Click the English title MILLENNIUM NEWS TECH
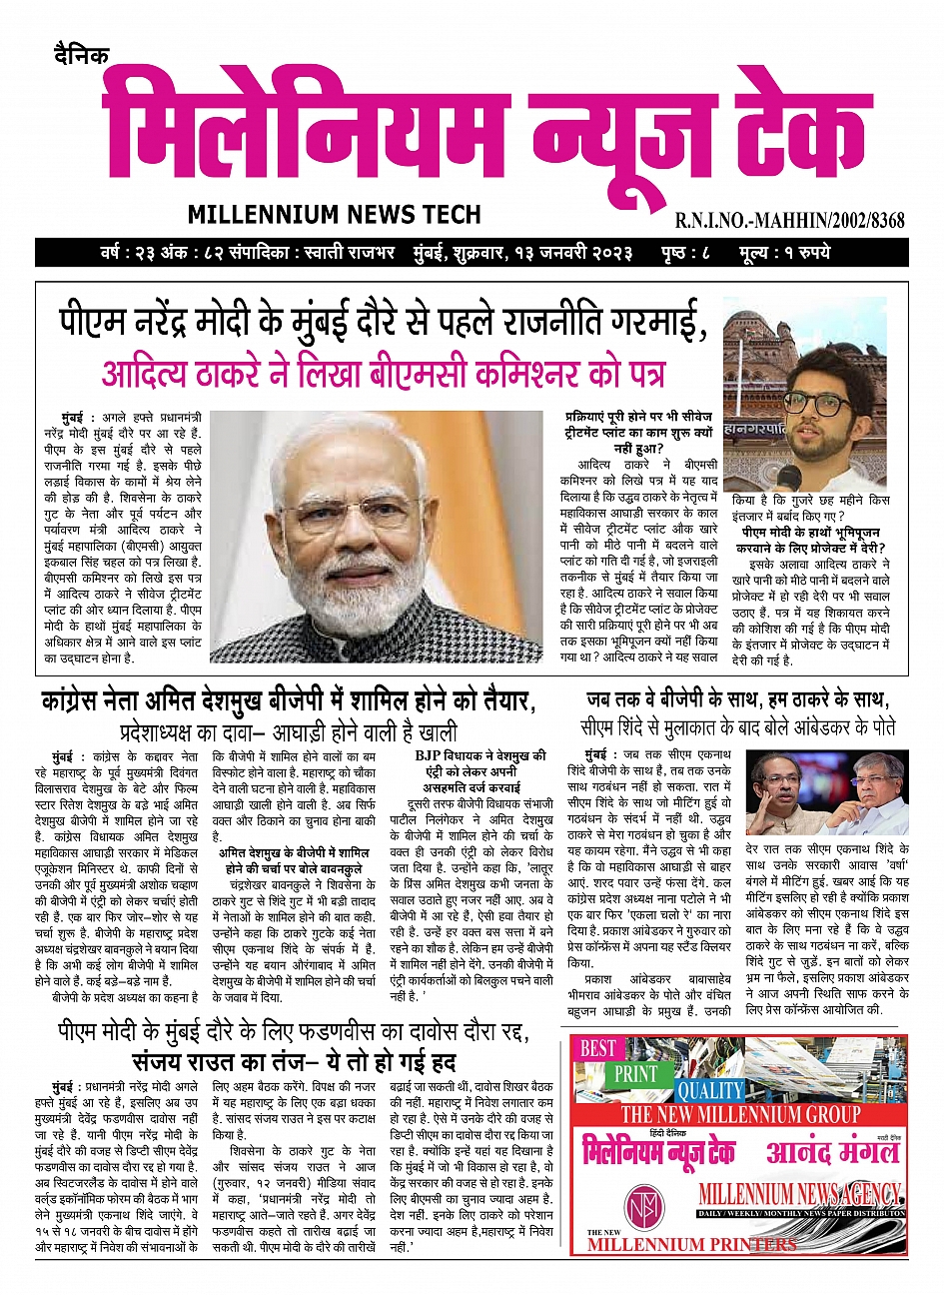[334, 214]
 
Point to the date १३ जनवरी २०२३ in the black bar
[573, 252]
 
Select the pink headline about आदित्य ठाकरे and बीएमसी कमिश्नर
[383, 372]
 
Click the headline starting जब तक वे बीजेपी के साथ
[737, 698]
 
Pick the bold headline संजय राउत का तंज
[294, 1059]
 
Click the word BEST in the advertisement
[599, 1048]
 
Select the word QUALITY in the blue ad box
[710, 1090]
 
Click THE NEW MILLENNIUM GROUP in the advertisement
[740, 1114]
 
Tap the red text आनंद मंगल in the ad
[832, 1151]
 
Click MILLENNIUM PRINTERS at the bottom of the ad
[691, 1244]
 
